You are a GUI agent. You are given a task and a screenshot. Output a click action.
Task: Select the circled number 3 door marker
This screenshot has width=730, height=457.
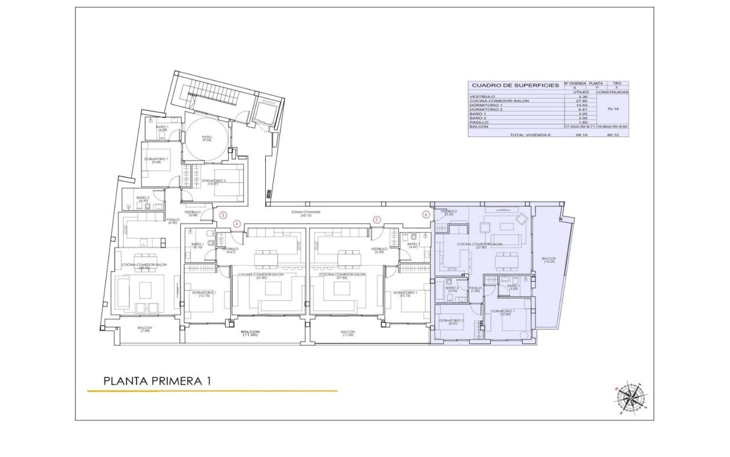pos(224,215)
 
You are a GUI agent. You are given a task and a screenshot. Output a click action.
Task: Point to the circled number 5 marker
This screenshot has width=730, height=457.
pos(376,219)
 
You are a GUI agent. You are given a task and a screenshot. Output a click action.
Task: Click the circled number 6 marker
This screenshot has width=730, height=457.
pos(425,215)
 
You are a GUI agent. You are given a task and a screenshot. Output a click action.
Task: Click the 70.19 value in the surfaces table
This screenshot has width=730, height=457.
pos(613,109)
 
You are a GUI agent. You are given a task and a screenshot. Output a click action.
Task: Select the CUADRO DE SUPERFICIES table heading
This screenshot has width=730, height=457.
pos(515,85)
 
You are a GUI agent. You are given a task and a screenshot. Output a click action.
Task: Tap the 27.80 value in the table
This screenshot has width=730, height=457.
pos(579,101)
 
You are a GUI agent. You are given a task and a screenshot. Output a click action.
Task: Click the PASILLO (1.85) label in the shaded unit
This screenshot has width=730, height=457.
pos(475,290)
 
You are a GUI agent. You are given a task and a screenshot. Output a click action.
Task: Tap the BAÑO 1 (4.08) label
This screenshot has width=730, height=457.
pos(163,128)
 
